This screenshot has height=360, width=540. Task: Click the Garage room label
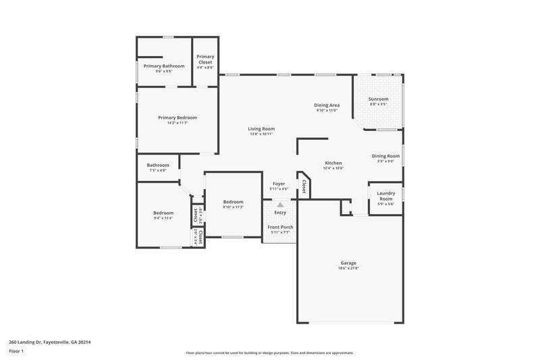point(348,263)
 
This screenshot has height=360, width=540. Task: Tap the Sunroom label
point(378,99)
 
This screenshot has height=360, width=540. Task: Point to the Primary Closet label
point(205,59)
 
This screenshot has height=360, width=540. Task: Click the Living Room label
point(261,128)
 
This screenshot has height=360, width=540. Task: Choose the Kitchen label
point(333,163)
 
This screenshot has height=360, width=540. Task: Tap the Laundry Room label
point(385,197)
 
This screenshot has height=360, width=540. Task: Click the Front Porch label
point(280,228)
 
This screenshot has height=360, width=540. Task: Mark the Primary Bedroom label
point(178,118)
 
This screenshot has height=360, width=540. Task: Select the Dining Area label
point(327,105)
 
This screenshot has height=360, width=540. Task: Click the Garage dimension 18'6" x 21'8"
point(348,268)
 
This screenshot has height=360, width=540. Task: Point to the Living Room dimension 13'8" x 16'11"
point(261,134)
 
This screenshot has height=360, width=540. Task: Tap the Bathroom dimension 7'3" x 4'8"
point(158,170)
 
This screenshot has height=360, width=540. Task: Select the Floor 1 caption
point(16,351)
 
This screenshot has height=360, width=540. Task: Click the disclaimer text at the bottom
point(269,353)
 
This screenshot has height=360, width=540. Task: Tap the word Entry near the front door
point(280,213)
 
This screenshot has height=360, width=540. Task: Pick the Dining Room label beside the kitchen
point(386,156)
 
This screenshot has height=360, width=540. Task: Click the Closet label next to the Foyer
point(304,187)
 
